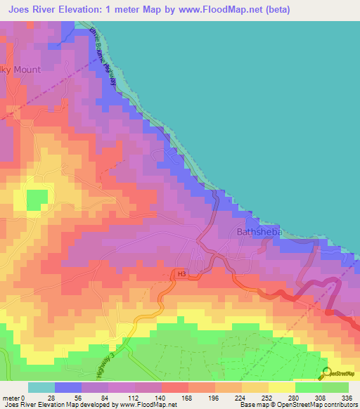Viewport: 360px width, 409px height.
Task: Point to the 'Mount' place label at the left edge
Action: point(22,70)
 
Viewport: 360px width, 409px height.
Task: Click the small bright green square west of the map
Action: point(34,201)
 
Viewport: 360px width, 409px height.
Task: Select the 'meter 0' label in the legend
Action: point(15,397)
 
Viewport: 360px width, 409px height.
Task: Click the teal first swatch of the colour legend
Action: point(41,387)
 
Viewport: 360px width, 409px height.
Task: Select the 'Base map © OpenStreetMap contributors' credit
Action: point(297,405)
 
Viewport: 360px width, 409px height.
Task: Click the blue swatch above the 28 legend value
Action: point(68,387)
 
